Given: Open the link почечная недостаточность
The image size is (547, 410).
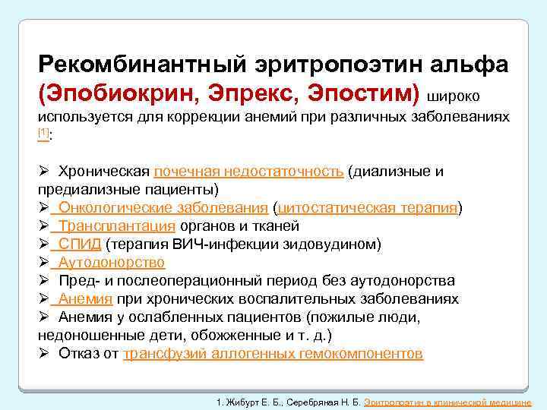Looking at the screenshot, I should pos(248,171).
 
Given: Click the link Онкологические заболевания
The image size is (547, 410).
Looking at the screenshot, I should pos(163,207).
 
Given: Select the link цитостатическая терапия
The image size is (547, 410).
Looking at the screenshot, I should pos(368,207).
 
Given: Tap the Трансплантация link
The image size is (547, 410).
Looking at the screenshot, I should pos(118,225).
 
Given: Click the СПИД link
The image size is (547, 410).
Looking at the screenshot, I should pos(80,244).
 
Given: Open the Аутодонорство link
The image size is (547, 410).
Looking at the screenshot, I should pos(112,263).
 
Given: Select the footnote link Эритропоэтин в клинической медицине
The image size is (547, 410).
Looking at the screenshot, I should pos(447,401).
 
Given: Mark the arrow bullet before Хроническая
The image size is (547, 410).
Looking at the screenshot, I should pos(44,171).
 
